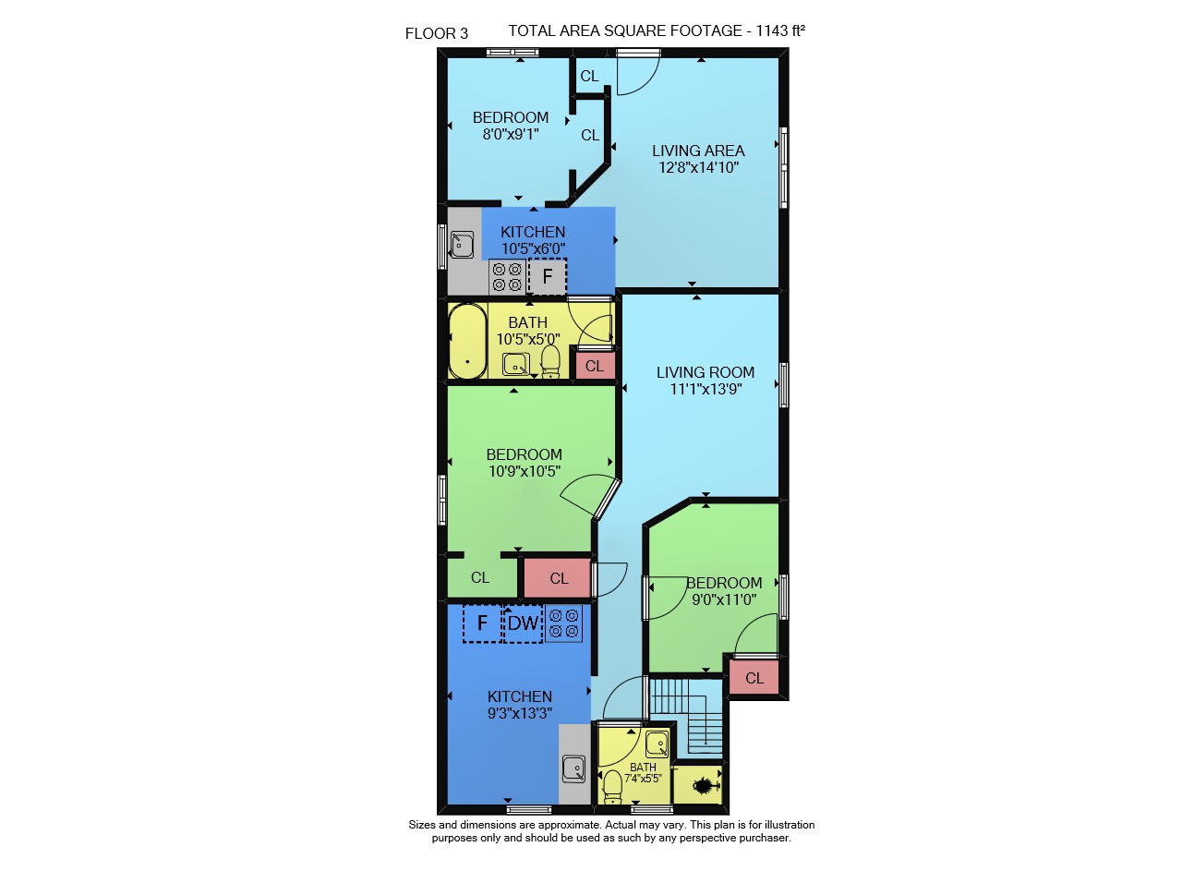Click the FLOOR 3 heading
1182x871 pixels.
pyautogui.click(x=437, y=34)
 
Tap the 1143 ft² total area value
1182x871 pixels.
pyautogui.click(x=780, y=30)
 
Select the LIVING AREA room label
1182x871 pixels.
pyautogui.click(x=698, y=151)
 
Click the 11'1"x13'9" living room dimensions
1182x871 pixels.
pyautogui.click(x=706, y=389)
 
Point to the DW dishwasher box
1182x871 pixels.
pyautogui.click(x=523, y=623)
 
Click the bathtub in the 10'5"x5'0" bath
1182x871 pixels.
pyautogui.click(x=467, y=341)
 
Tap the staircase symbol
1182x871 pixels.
pyautogui.click(x=687, y=718)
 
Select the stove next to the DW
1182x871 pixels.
pyautogui.click(x=563, y=623)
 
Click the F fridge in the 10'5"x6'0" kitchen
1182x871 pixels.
pyautogui.click(x=548, y=276)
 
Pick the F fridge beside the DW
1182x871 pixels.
pyautogui.click(x=482, y=623)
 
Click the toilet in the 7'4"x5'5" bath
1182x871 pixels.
pyautogui.click(x=612, y=788)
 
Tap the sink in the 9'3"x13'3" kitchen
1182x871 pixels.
pyautogui.click(x=574, y=768)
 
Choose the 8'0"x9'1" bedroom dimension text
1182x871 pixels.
pyautogui.click(x=511, y=134)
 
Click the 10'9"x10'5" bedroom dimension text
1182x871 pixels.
pyautogui.click(x=524, y=471)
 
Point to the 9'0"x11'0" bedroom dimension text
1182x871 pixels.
pyautogui.click(x=724, y=599)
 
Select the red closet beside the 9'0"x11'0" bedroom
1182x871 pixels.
pyautogui.click(x=754, y=677)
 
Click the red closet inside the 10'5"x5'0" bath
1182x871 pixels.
pyautogui.click(x=595, y=365)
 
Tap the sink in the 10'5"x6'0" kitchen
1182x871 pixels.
pyautogui.click(x=463, y=245)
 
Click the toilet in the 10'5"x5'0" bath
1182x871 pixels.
pyautogui.click(x=550, y=361)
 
